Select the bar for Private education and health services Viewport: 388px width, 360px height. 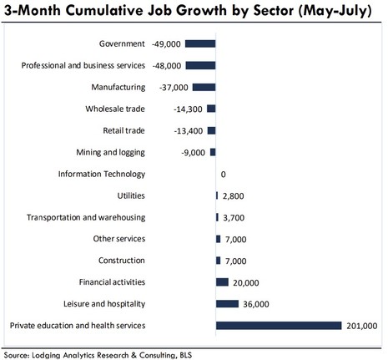point(279,325)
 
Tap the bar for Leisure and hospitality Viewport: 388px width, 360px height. point(227,303)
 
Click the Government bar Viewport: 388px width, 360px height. point(200,43)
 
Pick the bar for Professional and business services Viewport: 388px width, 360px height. point(200,64)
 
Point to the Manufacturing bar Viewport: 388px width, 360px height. point(204,86)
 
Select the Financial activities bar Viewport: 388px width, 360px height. point(222,281)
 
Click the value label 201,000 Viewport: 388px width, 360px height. point(361,325)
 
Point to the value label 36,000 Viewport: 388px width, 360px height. point(258,303)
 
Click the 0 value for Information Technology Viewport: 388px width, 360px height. point(224,174)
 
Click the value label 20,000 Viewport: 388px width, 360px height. point(247,281)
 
